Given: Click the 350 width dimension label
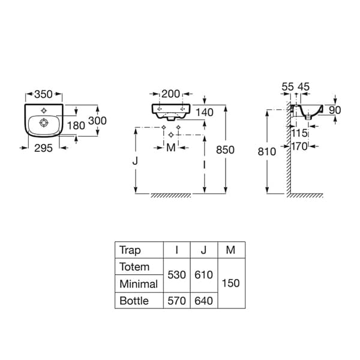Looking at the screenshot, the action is pos(43,94).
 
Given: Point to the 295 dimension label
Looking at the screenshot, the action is pos(43,148).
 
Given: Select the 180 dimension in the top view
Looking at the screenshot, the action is pos(76,125).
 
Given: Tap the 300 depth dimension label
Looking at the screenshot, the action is pos(97,121).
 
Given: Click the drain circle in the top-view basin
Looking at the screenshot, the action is pos(44,122).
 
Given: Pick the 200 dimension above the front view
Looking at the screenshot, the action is pos(170,94).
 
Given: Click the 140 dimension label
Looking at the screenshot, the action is pos(205,113).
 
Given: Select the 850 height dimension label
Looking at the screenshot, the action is pos(225,150).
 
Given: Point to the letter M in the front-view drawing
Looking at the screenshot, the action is pos(171,148).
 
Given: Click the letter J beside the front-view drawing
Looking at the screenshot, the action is pos(135,161).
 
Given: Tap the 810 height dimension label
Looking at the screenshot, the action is pos(267,152).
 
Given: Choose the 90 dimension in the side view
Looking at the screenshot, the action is pos(335,110).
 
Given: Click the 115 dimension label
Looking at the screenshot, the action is pos(299,133).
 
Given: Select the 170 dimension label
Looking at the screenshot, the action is pos(299,146).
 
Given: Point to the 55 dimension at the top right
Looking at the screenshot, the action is pos(287,87).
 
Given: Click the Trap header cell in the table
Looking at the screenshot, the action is pos(130,250).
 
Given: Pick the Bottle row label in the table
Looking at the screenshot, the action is pos(134,301).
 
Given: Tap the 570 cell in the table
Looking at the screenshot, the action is pos(176,301).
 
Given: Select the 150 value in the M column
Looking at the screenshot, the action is pos(231,283).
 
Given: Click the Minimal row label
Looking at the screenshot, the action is pos(139,284).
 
